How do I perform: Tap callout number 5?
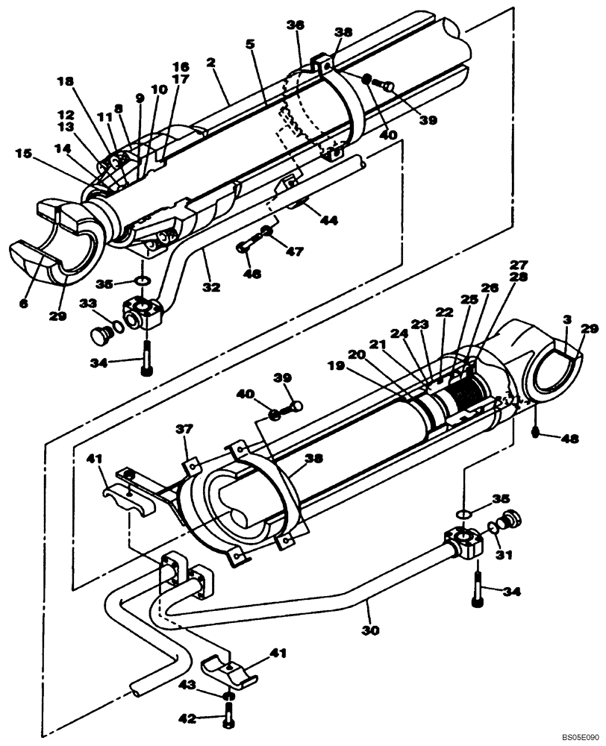pyautogui.click(x=249, y=45)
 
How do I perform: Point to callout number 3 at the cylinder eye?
pyautogui.click(x=568, y=319)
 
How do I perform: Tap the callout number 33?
pyautogui.click(x=88, y=303)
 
